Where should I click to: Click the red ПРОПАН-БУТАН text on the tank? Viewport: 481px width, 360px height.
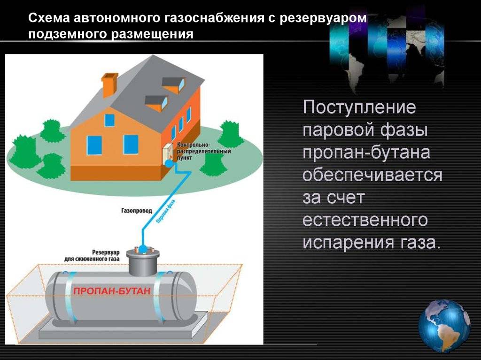pos(112,291)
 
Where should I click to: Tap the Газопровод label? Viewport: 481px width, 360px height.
pos(137,211)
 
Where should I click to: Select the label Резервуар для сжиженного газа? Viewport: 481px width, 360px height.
pos(92,256)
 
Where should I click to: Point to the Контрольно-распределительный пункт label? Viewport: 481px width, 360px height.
pos(204,151)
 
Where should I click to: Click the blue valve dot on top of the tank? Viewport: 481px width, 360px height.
pos(143,248)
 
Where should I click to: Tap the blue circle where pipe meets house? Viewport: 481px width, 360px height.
pos(169,164)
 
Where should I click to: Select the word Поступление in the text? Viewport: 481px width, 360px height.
pos(359,107)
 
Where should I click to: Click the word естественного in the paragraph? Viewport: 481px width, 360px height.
pos(365,220)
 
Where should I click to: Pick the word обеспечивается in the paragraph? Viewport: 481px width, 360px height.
pos(372,175)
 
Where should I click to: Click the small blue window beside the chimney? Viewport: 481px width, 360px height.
pos(109,120)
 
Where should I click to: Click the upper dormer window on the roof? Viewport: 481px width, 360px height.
pos(174,84)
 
